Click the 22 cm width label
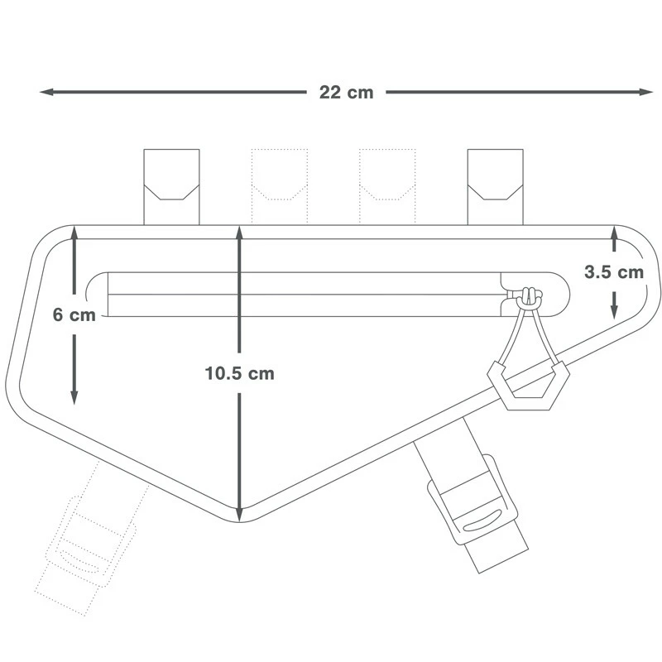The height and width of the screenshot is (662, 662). pos(346,93)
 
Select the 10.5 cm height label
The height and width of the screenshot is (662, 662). pos(239,373)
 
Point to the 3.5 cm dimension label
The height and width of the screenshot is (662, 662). pos(613,272)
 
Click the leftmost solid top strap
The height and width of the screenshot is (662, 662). pos(171,186)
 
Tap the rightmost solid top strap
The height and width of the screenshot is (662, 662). pos(495,186)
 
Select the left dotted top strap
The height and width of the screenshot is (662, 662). pos(279,186)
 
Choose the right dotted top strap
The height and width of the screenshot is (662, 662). pos(386,186)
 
